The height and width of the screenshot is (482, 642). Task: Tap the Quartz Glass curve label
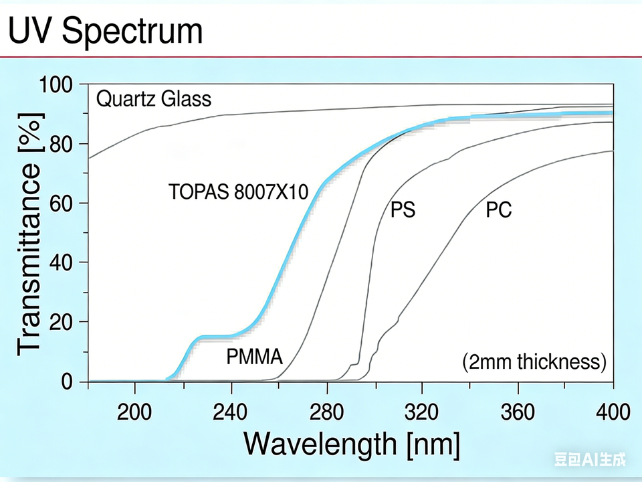[x=154, y=100]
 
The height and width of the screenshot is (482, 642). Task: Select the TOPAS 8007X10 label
[x=238, y=192]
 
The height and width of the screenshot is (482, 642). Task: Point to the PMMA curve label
[x=254, y=356]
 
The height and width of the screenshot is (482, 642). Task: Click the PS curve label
[x=403, y=210]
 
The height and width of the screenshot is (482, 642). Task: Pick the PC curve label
[x=498, y=210]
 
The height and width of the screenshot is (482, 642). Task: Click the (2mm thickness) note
[x=534, y=362]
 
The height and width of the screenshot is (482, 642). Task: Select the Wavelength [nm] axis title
[x=352, y=444]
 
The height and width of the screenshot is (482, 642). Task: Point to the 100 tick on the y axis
[x=59, y=85]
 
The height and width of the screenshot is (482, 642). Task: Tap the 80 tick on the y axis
[x=66, y=144]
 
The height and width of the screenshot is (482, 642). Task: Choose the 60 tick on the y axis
[x=66, y=204]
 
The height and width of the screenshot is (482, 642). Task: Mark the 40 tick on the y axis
[x=66, y=262]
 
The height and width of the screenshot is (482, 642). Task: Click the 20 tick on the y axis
[x=66, y=322]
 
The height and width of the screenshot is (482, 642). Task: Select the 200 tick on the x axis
[x=135, y=411]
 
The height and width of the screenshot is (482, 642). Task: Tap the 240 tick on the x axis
[x=231, y=411]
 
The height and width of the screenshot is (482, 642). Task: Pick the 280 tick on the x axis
[x=326, y=411]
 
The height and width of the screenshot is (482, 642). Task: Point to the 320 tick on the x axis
[x=422, y=411]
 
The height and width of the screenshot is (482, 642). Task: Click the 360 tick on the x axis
[x=518, y=411]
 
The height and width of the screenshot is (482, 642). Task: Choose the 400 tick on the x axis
[x=613, y=411]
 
